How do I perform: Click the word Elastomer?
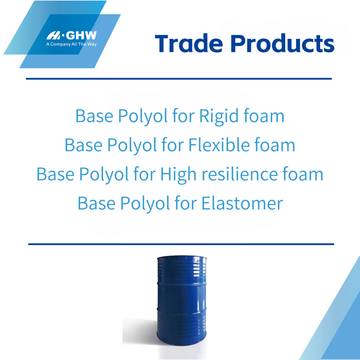coord(242,203)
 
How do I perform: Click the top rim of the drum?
coord(178,258)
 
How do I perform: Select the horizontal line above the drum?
coord(181,244)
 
